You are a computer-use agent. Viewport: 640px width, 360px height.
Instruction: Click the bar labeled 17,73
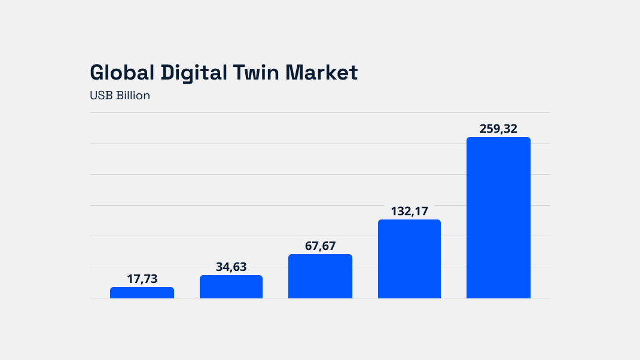[142, 292]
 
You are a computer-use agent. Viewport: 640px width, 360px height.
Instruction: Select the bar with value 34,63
[231, 286]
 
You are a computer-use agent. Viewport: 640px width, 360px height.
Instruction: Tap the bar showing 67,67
[320, 276]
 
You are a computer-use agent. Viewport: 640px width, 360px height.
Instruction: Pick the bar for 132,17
[409, 259]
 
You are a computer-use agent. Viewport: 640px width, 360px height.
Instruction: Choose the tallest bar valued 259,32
[498, 218]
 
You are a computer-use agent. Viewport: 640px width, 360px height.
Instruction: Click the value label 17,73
[142, 279]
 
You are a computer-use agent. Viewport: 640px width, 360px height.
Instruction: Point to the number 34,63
[231, 267]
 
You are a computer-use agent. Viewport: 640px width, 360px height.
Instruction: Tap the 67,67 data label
[320, 246]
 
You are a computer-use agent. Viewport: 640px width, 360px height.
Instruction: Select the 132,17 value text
[409, 211]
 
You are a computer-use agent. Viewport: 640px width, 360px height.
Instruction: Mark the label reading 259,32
[498, 129]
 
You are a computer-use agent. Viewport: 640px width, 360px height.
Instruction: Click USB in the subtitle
[101, 96]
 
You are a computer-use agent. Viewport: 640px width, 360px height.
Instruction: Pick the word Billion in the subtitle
[133, 96]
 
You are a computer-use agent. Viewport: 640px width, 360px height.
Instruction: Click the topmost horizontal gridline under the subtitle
[320, 112]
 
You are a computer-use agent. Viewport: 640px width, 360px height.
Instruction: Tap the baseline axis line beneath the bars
[320, 298]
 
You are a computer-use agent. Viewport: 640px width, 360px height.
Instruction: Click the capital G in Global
[97, 72]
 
